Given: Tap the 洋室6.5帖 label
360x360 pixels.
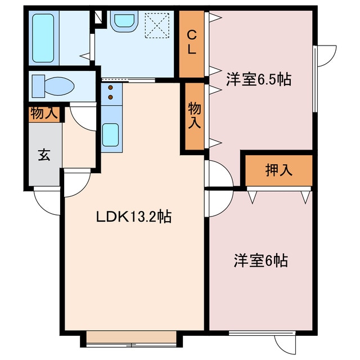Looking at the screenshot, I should click(259, 79).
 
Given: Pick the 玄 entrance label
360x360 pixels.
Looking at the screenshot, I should click(43, 155).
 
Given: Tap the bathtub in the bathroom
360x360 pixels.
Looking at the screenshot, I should click(44, 38).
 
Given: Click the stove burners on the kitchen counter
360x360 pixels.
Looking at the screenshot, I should click(111, 92).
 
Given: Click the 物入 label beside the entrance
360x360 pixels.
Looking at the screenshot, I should click(44, 113).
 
